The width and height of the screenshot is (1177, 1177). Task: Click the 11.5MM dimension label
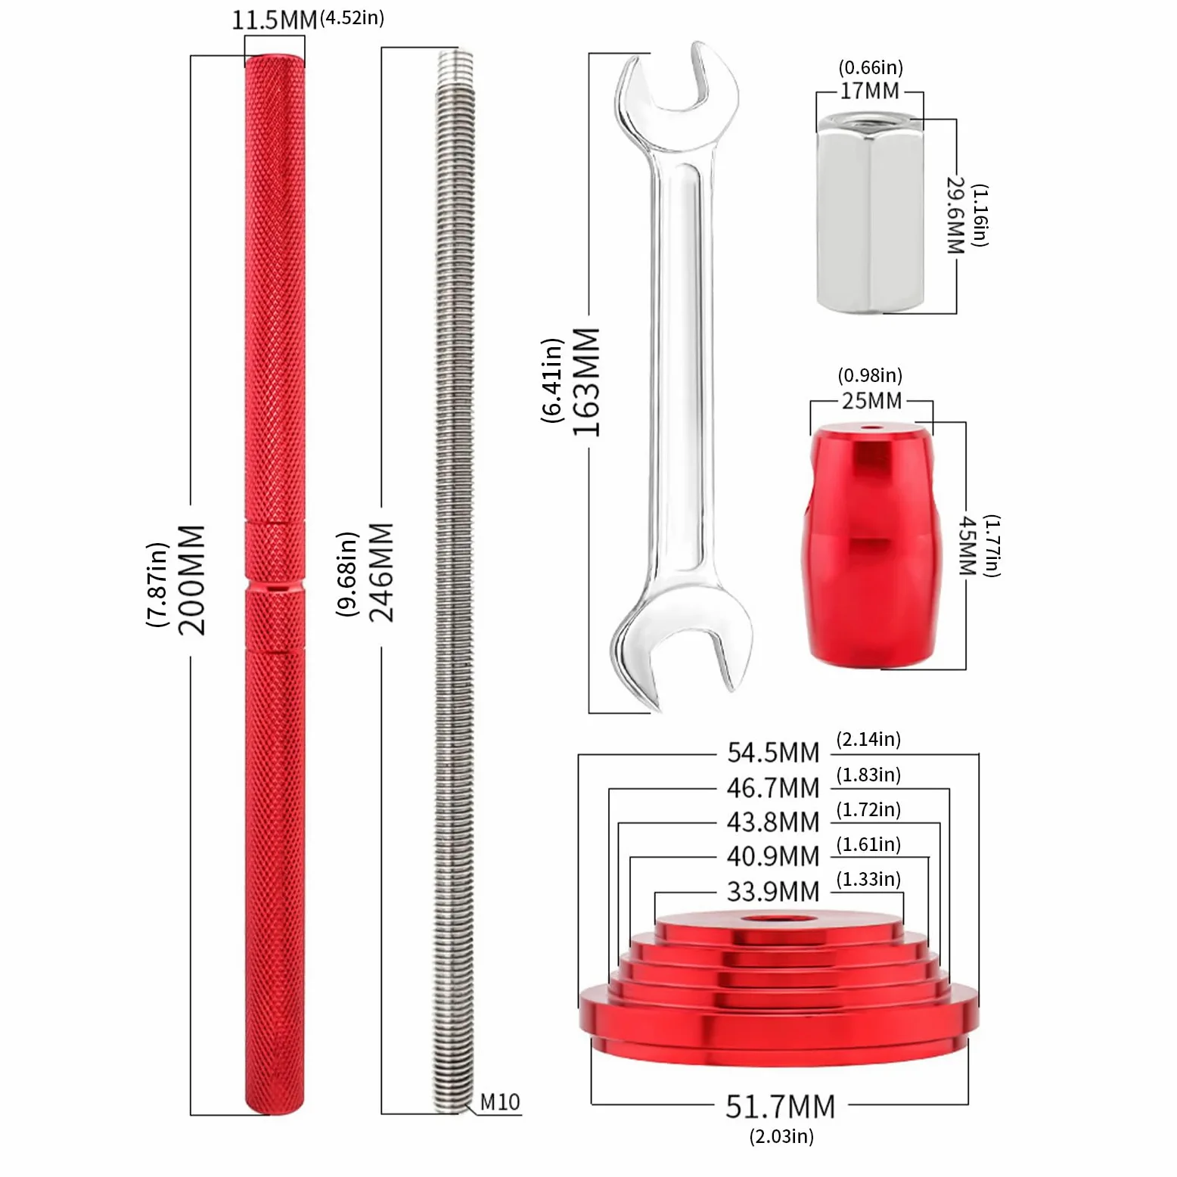tap(274, 20)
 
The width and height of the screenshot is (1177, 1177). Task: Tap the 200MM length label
tap(191, 580)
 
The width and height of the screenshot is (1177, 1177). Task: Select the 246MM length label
tap(381, 573)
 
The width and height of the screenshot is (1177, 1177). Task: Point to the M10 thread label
tap(500, 1102)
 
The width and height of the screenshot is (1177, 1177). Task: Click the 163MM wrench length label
tap(586, 382)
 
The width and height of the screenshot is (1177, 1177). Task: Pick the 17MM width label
tap(870, 91)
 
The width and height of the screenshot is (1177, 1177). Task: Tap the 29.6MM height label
tap(956, 216)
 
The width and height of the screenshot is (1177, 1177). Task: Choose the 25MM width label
tap(871, 401)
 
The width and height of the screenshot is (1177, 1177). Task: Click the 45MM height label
tap(967, 545)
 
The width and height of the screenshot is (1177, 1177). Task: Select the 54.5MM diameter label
tap(773, 753)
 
